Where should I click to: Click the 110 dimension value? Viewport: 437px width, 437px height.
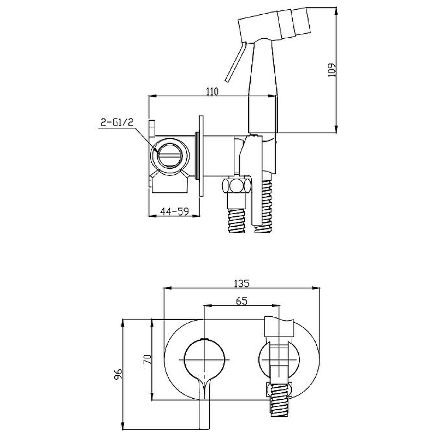tap(212, 91)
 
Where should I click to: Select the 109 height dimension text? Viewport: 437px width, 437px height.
tap(332, 70)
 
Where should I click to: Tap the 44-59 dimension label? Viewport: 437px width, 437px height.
tap(174, 211)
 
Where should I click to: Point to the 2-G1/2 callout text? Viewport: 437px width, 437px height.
tap(117, 122)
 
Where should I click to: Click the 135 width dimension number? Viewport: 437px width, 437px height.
tap(241, 284)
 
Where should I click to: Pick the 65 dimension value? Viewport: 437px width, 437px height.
tap(241, 301)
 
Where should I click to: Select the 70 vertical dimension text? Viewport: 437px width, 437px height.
tap(147, 359)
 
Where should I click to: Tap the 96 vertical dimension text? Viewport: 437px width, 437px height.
tap(118, 374)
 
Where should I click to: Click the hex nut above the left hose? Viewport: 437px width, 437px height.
tap(237, 186)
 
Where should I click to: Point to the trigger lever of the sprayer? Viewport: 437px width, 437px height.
tap(235, 62)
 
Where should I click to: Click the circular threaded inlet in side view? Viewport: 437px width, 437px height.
tap(169, 156)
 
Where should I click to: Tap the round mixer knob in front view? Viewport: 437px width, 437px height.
tap(204, 360)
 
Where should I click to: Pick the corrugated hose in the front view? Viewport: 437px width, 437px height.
tap(279, 400)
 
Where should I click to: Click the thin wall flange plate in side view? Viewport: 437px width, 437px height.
tap(201, 156)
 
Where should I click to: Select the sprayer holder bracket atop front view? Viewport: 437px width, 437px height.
tap(279, 327)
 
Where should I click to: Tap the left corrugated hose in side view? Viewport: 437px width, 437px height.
tap(237, 220)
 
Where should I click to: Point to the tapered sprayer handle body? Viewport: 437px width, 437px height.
tap(263, 86)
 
